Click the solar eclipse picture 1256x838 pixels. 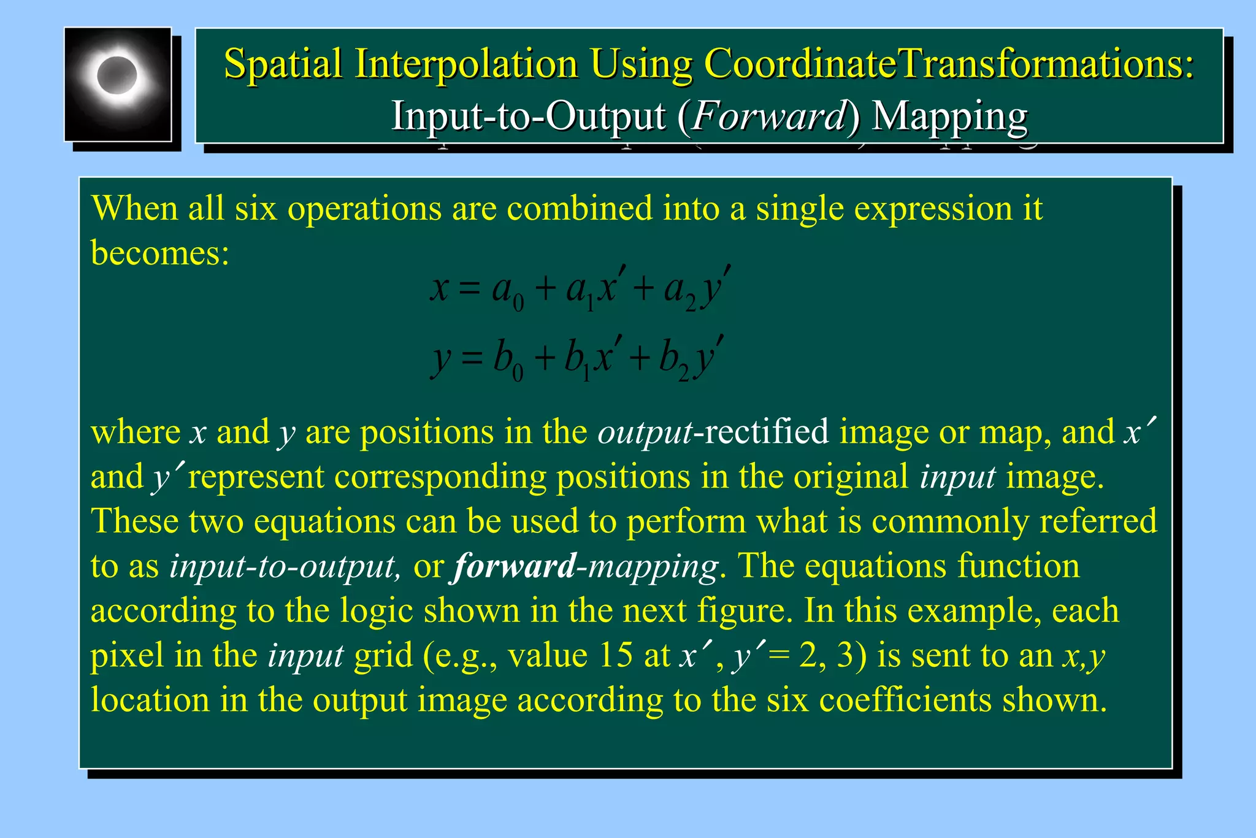click(118, 84)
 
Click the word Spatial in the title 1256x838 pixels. click(283, 63)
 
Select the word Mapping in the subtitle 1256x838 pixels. click(949, 117)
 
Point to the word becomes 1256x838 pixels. click(160, 252)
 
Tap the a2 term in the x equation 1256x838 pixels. click(680, 291)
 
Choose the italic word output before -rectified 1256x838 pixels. click(645, 432)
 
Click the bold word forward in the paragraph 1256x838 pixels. click(514, 566)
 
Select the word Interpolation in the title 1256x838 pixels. click(466, 63)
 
